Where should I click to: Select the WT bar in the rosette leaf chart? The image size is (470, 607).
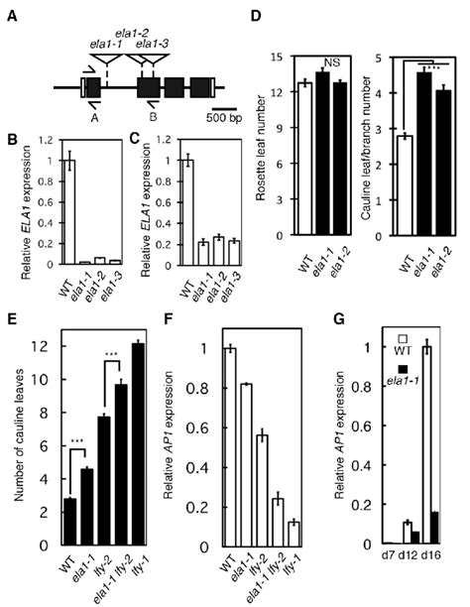(x=306, y=160)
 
